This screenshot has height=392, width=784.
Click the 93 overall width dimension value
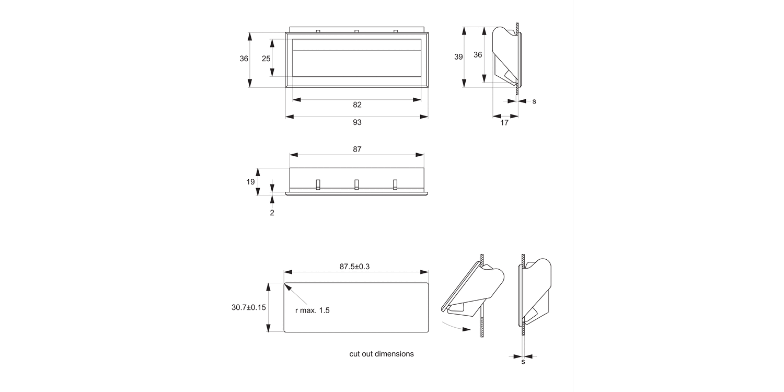[x=357, y=122]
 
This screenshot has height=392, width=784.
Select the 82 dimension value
[x=357, y=105]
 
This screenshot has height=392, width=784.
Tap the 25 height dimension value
[x=266, y=59]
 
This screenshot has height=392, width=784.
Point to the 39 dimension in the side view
[x=458, y=57]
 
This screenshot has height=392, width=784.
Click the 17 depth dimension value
[x=504, y=123]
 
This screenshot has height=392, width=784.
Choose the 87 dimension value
[x=357, y=149]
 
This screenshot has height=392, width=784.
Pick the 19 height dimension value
[x=251, y=182]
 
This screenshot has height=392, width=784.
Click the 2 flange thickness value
[x=272, y=213]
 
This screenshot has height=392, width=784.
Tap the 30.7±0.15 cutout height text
[x=249, y=307]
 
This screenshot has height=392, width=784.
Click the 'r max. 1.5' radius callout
[x=312, y=310]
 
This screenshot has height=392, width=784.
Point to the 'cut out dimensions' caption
[x=382, y=354]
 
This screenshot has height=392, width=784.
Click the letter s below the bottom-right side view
[x=523, y=362]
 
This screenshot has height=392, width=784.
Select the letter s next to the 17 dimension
[x=534, y=101]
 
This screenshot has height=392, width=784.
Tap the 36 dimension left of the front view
[x=244, y=59]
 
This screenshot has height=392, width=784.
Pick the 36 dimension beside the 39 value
[x=478, y=54]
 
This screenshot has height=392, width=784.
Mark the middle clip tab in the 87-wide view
[x=356, y=184]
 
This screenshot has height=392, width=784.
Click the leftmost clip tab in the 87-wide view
[x=317, y=184]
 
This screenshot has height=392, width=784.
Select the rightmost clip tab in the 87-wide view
[x=395, y=184]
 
